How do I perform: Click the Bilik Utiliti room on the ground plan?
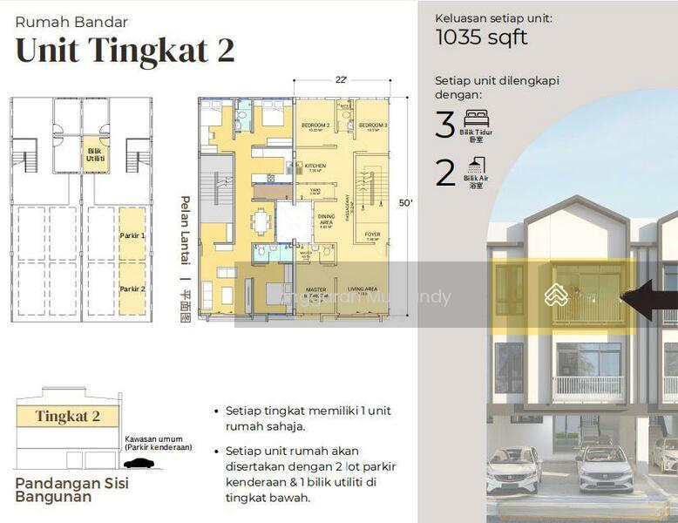pos(95,154)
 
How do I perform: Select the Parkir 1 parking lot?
pos(132,235)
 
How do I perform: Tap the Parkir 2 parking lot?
pos(132,289)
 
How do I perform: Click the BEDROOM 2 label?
pos(315,126)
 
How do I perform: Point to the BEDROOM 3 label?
pos(372,126)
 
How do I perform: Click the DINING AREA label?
pos(326,219)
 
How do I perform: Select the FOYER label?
pos(372,234)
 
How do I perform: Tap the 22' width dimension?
pos(342,80)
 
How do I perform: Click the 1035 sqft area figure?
pos(481,37)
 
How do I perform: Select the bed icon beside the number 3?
pos(476,119)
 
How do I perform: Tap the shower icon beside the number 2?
pos(476,166)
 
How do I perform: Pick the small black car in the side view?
pos(139,463)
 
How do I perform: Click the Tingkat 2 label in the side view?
pos(67,417)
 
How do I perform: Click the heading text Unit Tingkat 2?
pos(125,50)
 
